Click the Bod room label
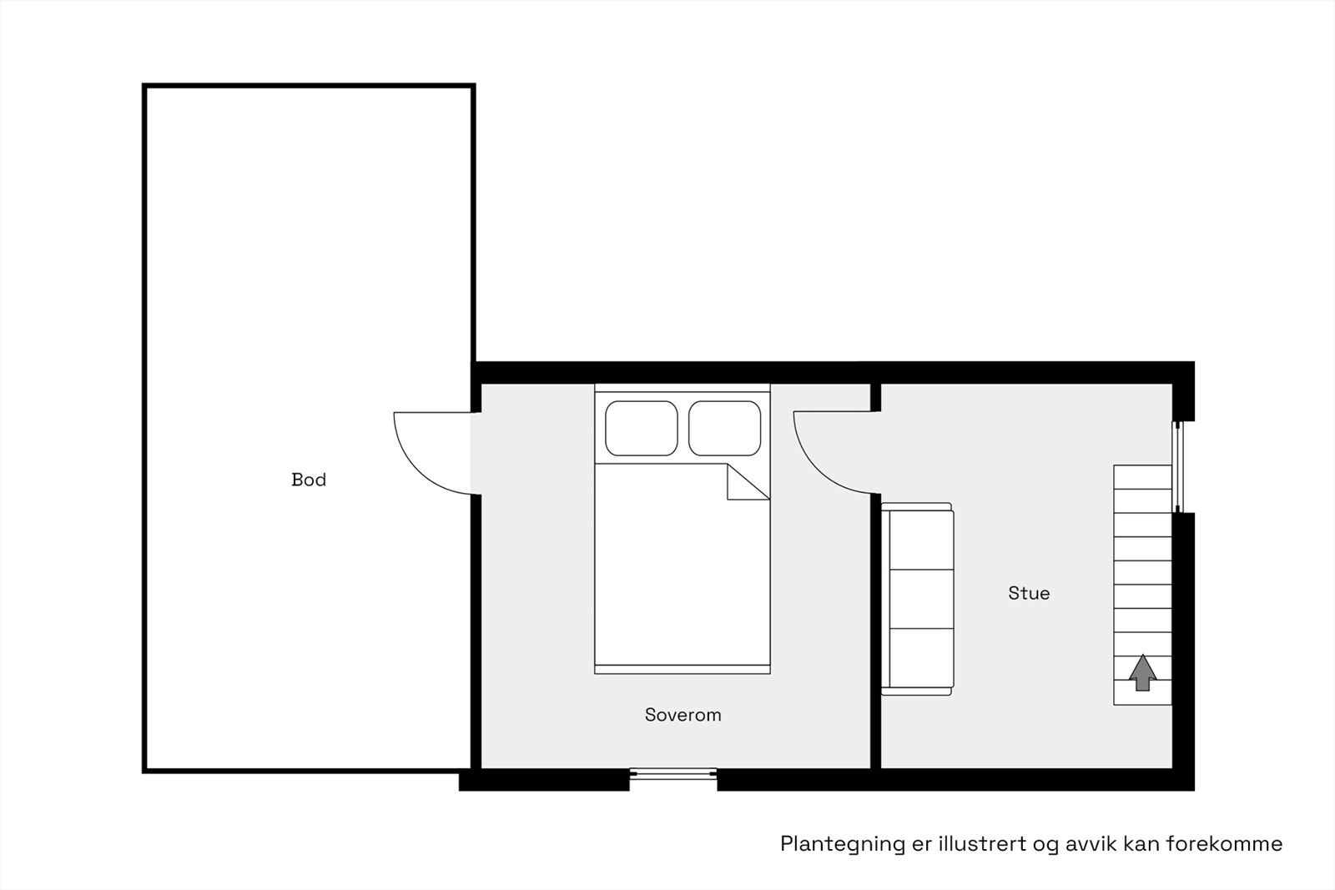(x=308, y=480)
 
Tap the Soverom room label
(x=683, y=715)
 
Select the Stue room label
(x=1029, y=593)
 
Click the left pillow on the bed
(x=641, y=428)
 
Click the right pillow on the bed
(x=725, y=428)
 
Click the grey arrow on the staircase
(x=1142, y=672)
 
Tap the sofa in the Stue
(x=917, y=599)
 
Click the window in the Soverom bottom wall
(x=673, y=775)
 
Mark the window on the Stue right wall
(x=1179, y=467)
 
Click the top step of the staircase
(x=1142, y=476)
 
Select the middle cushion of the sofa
(x=922, y=599)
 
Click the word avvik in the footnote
(x=1091, y=844)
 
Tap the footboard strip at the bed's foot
(x=683, y=669)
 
